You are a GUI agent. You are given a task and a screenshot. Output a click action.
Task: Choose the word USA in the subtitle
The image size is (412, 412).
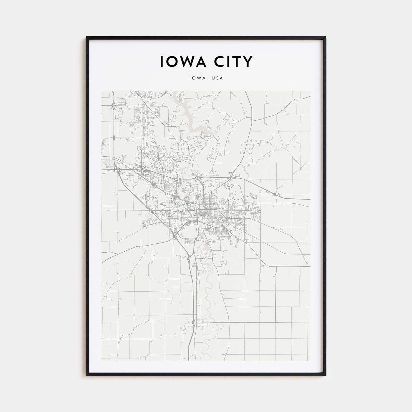pos(218,78)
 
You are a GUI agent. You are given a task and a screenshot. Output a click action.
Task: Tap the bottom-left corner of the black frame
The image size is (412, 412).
pos(87,376)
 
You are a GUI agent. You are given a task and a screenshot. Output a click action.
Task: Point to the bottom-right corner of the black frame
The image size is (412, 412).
pos(325,376)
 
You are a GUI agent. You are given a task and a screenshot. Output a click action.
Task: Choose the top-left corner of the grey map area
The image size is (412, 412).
pos(102,91)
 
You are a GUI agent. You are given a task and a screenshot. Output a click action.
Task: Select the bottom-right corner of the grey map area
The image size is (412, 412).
pos(310,360)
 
